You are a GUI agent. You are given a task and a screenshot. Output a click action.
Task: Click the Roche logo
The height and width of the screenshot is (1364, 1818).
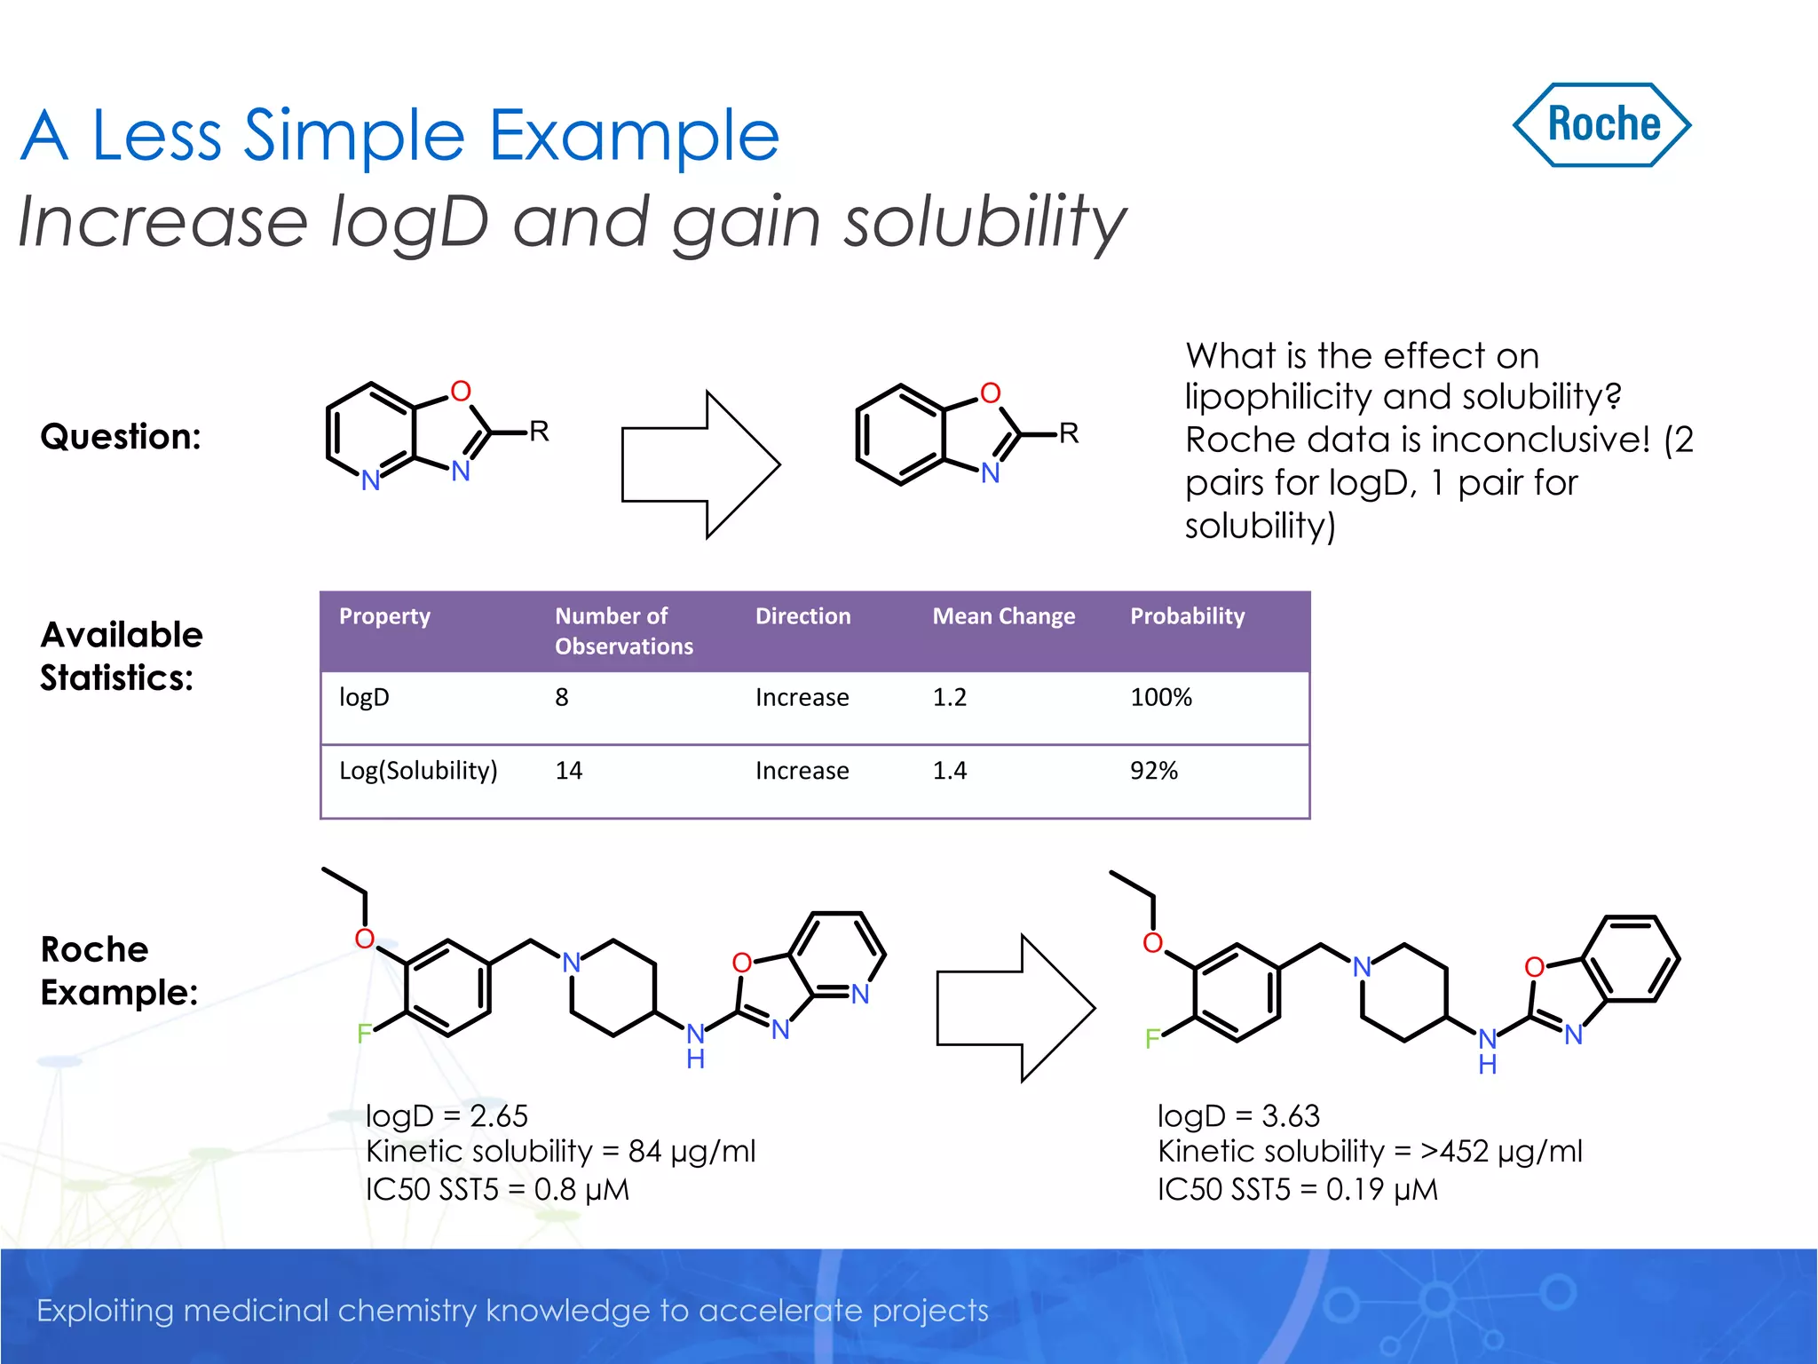click(x=1601, y=125)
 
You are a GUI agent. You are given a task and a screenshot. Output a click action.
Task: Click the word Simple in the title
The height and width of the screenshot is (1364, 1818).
click(x=353, y=136)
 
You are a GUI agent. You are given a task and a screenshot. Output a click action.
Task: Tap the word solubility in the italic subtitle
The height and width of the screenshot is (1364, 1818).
click(x=984, y=222)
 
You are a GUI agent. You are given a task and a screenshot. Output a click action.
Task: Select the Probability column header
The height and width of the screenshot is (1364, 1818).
click(x=1187, y=616)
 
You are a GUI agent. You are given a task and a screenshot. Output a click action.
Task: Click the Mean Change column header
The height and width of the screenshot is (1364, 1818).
click(x=1003, y=616)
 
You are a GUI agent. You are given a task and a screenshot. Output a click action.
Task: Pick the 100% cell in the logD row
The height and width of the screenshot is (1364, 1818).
click(x=1160, y=697)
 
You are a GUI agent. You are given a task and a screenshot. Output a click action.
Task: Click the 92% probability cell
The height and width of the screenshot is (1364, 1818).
click(x=1153, y=771)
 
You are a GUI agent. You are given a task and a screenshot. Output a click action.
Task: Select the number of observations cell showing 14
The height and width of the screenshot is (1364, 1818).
click(x=568, y=771)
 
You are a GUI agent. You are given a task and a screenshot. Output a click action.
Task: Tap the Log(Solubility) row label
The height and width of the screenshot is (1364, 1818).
click(x=418, y=771)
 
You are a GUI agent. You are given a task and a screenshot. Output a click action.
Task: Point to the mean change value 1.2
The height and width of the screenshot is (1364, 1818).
click(x=949, y=697)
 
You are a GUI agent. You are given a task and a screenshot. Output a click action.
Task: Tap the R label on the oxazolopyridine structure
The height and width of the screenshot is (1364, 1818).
click(x=539, y=432)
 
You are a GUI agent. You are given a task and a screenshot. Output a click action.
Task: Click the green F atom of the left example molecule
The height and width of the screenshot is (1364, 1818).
click(x=364, y=1034)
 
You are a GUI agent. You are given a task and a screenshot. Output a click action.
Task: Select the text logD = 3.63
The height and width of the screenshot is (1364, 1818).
click(x=1238, y=1116)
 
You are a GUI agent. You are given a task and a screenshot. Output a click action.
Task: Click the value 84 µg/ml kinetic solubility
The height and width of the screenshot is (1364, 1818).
click(x=692, y=1152)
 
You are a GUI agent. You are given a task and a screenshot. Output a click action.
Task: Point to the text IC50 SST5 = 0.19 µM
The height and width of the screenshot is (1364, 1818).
click(x=1297, y=1190)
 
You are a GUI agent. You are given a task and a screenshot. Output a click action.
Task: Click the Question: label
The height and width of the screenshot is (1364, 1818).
click(x=121, y=437)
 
